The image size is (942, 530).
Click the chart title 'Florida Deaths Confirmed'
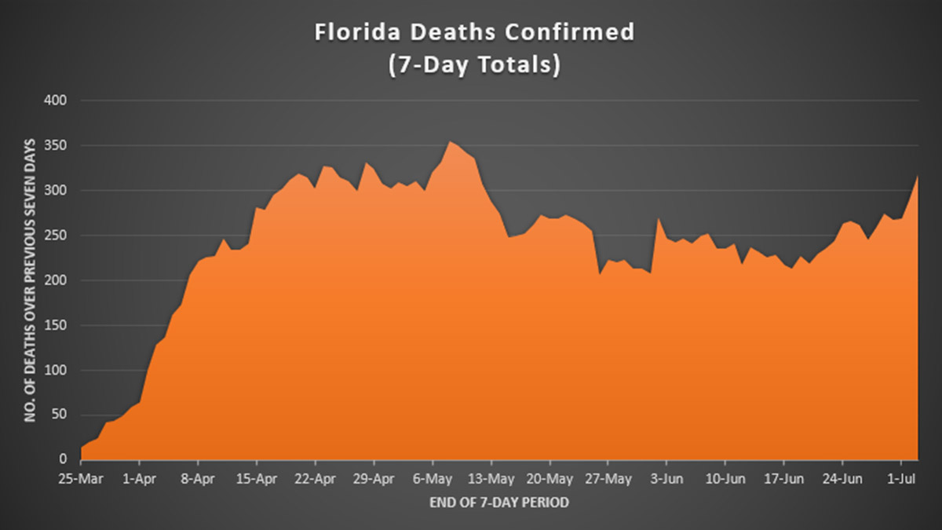(x=474, y=34)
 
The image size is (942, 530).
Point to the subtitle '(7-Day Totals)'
(x=474, y=65)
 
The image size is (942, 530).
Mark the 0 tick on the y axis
(x=64, y=460)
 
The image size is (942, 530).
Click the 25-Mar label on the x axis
(x=82, y=477)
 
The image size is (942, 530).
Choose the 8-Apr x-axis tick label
(x=198, y=477)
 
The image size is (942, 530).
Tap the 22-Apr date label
(x=315, y=477)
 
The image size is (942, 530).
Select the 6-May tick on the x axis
(x=433, y=477)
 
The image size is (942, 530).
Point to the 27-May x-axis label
(x=608, y=477)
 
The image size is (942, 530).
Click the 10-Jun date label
(x=725, y=477)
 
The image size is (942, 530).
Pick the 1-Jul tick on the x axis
(x=901, y=477)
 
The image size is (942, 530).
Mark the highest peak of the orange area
(x=449, y=142)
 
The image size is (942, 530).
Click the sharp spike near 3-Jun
(x=659, y=219)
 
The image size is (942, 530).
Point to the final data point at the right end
(x=918, y=176)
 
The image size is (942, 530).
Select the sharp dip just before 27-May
(x=600, y=274)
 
